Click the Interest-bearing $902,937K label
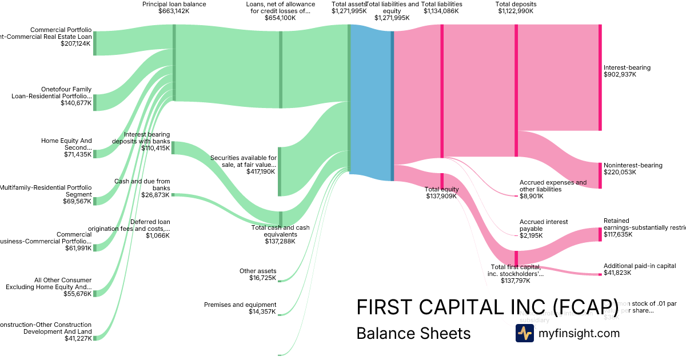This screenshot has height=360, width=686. click(627, 71)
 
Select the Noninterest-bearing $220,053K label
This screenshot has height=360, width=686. click(632, 169)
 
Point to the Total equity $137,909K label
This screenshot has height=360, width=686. click(442, 193)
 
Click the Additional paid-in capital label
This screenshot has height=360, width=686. click(640, 269)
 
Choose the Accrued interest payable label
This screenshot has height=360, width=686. click(544, 229)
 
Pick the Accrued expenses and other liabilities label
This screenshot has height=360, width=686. click(553, 189)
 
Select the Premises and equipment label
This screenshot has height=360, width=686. click(240, 308)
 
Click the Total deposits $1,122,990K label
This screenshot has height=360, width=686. click(517, 7)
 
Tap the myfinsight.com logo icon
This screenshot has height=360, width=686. click(524, 333)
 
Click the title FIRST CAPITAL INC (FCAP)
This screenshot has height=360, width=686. click(487, 307)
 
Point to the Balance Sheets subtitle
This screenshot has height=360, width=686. click(413, 333)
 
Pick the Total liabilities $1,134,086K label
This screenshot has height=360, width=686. click(442, 7)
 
